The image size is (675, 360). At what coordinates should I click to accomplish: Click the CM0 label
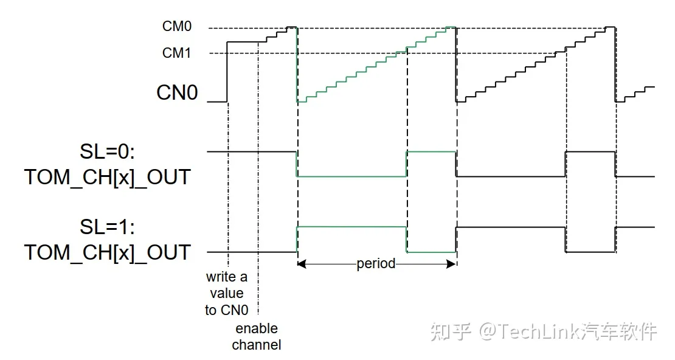click(176, 27)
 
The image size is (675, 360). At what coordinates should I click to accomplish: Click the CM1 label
click(176, 54)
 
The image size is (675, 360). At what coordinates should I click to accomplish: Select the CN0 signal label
click(177, 93)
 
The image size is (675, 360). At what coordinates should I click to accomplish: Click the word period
click(376, 263)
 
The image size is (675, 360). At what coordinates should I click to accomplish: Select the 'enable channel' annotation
click(256, 337)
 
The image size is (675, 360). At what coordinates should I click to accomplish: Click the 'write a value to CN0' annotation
click(226, 294)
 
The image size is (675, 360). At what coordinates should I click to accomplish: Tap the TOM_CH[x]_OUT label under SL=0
click(107, 177)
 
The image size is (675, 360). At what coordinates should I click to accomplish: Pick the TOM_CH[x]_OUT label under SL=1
click(107, 252)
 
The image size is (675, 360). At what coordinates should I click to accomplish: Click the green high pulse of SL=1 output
click(351, 227)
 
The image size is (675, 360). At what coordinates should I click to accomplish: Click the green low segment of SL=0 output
click(351, 176)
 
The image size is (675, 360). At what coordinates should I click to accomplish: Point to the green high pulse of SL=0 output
click(431, 151)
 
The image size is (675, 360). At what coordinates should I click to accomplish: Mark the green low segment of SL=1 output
click(431, 251)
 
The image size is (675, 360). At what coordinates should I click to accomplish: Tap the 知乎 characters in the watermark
click(451, 331)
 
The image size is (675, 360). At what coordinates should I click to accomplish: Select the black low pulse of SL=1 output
click(590, 251)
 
